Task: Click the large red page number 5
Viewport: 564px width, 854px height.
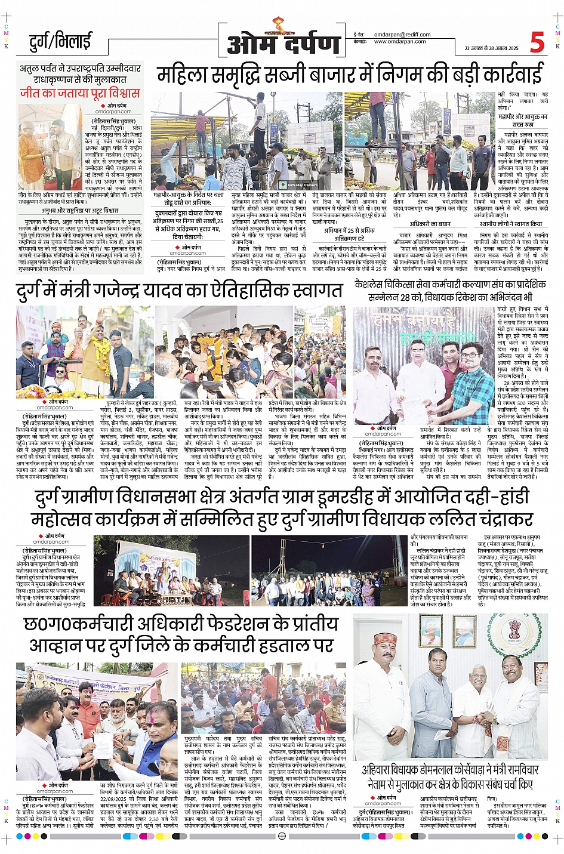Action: (x=537, y=42)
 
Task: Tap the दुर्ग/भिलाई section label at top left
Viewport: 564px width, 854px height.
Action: (x=60, y=42)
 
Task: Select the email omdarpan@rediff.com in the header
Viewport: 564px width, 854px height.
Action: (x=400, y=35)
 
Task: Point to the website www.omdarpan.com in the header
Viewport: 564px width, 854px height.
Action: (x=400, y=42)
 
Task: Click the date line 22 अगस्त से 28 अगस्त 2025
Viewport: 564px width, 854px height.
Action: (x=491, y=48)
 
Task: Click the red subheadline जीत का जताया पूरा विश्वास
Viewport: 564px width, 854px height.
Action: (x=80, y=93)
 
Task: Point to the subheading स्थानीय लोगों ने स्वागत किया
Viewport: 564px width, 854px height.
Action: (x=510, y=224)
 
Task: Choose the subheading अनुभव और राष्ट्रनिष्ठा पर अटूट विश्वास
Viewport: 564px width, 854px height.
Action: (x=80, y=211)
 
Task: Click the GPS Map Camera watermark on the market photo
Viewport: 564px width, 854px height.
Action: (x=304, y=185)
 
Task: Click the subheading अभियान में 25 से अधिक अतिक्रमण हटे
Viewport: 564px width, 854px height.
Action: (x=349, y=234)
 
